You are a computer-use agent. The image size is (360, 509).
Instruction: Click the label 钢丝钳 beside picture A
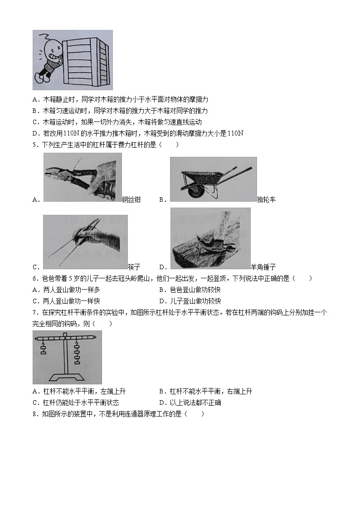point(131,199)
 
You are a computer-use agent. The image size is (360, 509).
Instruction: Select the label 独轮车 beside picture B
point(266,199)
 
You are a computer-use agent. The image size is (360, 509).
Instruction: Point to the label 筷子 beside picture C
point(134,267)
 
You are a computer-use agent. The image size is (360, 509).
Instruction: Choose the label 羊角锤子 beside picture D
point(263,267)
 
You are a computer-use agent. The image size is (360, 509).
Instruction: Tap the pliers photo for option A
point(83,177)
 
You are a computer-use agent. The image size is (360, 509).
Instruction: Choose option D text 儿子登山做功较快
point(195,301)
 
